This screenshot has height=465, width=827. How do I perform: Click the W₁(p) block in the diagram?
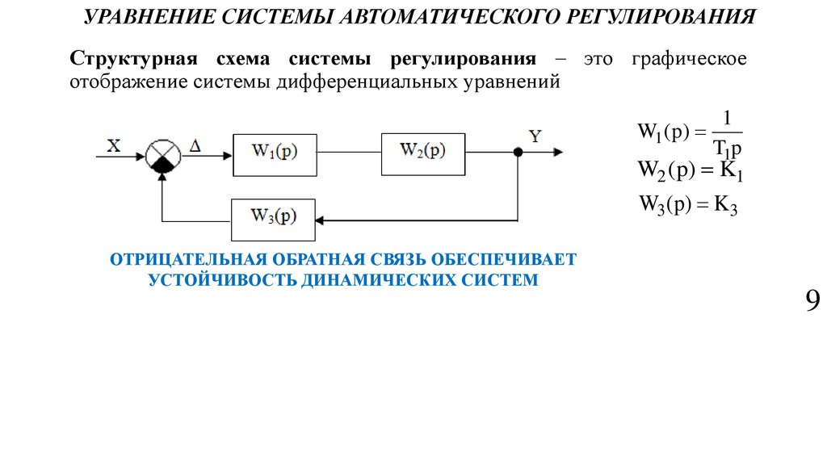(x=274, y=152)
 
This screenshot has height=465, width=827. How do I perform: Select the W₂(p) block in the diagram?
(x=422, y=152)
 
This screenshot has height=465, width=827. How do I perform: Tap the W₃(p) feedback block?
(x=273, y=218)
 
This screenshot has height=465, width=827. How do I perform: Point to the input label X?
(x=114, y=145)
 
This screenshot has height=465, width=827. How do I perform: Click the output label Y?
(x=535, y=136)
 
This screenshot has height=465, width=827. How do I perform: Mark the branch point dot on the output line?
(x=518, y=152)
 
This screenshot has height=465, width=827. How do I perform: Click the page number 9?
(x=812, y=302)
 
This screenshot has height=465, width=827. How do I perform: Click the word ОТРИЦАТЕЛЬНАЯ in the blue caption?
(x=188, y=260)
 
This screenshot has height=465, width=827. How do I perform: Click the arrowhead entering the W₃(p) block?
(x=321, y=218)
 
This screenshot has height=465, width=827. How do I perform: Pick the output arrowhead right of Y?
(x=558, y=152)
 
